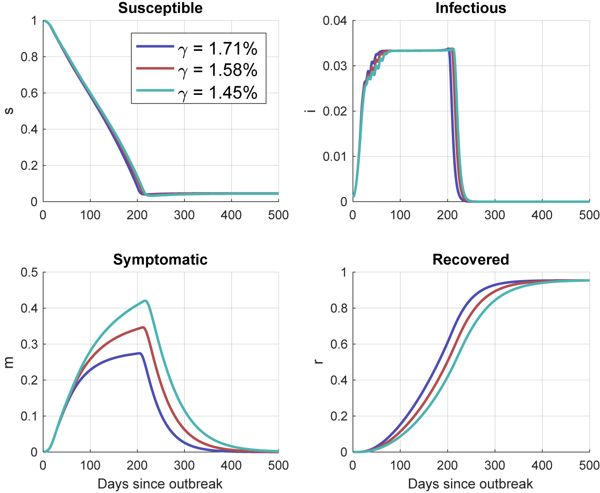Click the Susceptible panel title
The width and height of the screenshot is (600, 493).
coord(160,8)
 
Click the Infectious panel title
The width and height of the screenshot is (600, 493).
coord(471,8)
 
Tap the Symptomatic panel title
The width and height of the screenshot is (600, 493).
coord(160,259)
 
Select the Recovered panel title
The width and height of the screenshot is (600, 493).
coord(471,259)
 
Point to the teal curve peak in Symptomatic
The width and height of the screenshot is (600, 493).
coord(145,301)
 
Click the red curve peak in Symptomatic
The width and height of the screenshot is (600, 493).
coord(144,327)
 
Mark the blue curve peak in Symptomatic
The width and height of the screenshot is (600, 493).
coord(140,353)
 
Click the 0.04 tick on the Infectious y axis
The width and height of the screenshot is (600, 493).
coord(335,21)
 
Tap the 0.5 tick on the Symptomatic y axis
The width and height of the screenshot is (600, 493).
coord(29,272)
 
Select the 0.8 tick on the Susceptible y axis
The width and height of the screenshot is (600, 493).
coord(29,57)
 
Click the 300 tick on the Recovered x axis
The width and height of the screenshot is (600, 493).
coord(495,465)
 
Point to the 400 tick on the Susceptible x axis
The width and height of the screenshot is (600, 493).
coord(231,214)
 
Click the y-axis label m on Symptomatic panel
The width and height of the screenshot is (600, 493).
coord(9,362)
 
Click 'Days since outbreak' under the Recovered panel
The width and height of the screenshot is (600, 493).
coord(471,483)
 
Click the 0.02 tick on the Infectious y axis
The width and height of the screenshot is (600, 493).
coord(335,111)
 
